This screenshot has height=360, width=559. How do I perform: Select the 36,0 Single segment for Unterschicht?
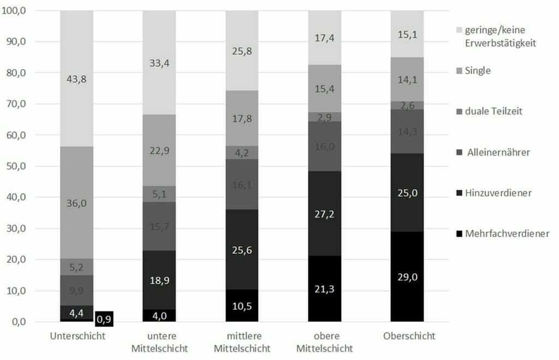[x=76, y=202]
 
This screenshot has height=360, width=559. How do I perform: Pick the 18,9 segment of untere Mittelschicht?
[x=159, y=281]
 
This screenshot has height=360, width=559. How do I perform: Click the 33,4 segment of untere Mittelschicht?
[x=159, y=63]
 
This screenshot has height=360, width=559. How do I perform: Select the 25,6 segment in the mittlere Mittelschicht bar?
[x=242, y=249]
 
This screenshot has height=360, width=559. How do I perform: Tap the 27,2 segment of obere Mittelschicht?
[x=324, y=213]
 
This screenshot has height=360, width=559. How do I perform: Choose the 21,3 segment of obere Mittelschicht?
[x=324, y=289]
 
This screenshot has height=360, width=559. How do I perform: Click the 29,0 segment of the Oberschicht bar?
[x=407, y=277]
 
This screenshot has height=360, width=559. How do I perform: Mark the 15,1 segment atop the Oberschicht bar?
[x=407, y=34]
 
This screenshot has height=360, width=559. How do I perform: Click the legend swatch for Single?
[x=460, y=71]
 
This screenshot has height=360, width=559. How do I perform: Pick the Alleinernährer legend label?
[x=498, y=153]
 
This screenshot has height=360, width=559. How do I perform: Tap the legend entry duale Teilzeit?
[x=495, y=111]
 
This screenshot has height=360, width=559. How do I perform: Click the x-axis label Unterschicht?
[x=77, y=336]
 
